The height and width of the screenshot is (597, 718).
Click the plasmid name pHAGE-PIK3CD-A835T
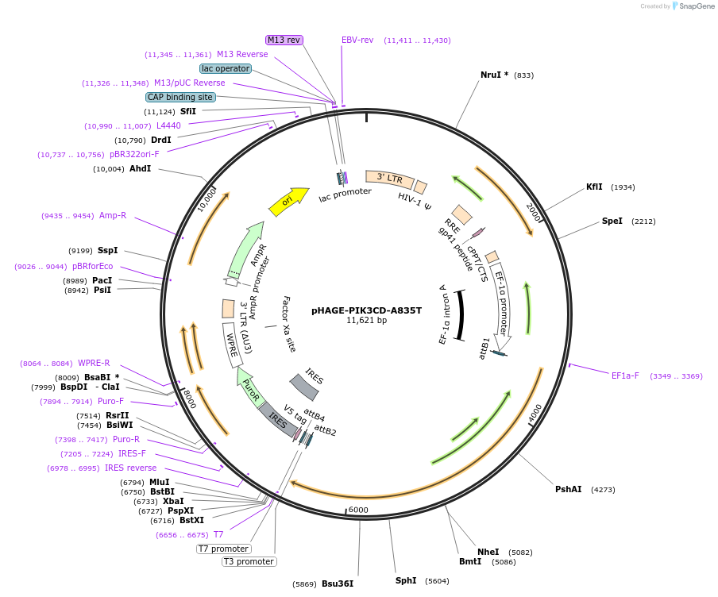(x=366, y=310)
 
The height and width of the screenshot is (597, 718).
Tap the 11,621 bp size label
(x=366, y=321)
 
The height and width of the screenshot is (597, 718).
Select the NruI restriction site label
(x=494, y=75)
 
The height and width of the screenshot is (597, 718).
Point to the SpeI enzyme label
(x=612, y=221)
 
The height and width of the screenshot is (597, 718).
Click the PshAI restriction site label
(x=569, y=489)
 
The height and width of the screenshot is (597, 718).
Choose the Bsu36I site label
(x=337, y=584)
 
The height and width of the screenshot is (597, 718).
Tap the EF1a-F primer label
(x=625, y=376)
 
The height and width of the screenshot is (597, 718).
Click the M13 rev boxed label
(x=284, y=40)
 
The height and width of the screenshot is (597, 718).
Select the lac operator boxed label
(x=226, y=68)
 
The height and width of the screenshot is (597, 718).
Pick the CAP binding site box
(x=180, y=97)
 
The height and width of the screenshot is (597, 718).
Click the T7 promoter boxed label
(x=224, y=549)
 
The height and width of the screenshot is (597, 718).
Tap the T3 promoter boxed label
(x=249, y=562)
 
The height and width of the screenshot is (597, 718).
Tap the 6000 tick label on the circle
(x=358, y=510)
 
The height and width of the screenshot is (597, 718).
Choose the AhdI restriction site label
(x=140, y=168)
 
